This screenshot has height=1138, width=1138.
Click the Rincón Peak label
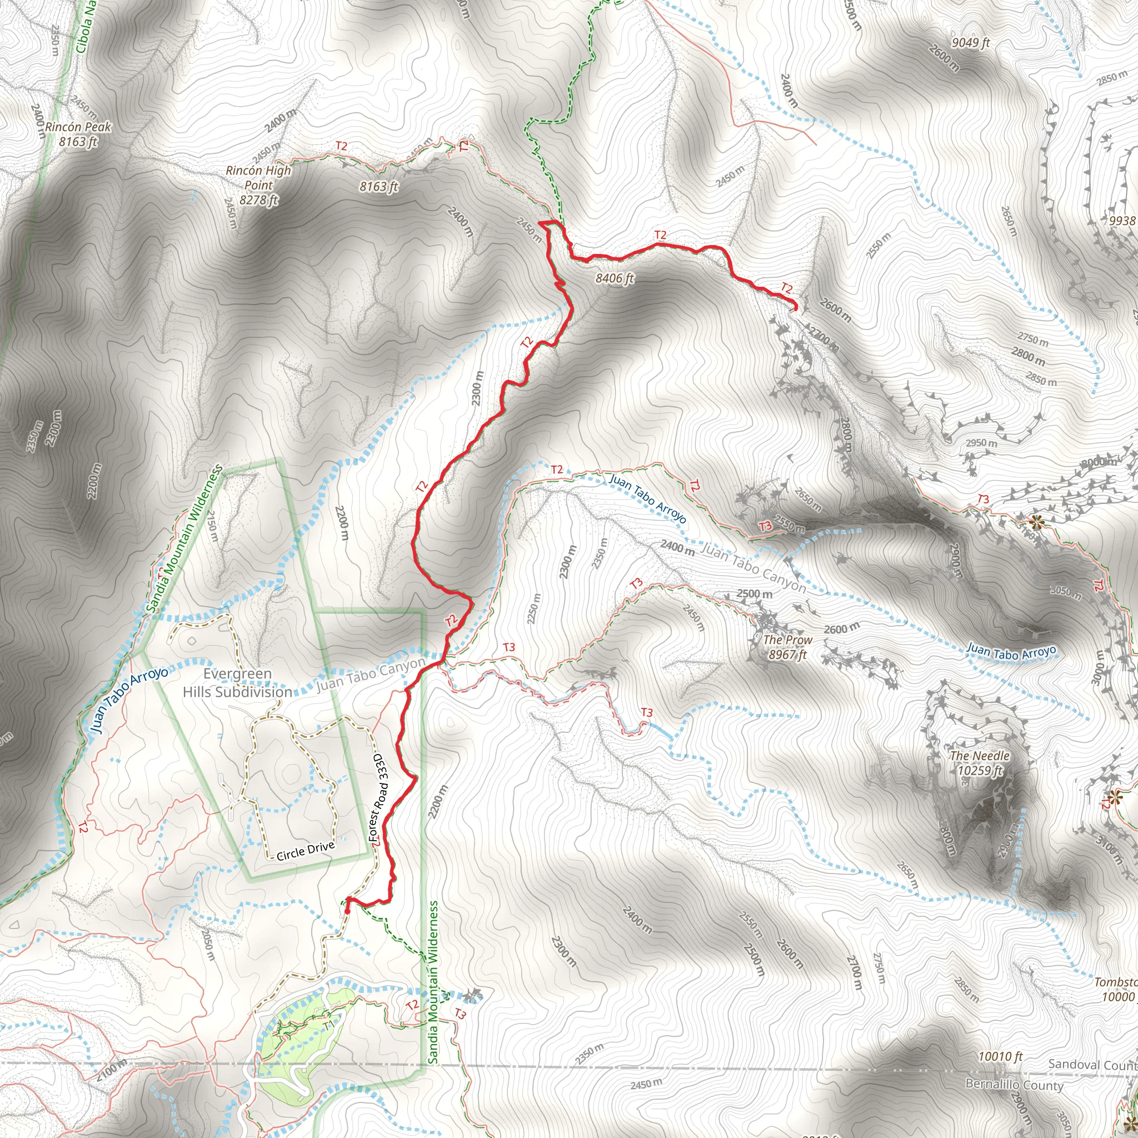pyautogui.click(x=78, y=127)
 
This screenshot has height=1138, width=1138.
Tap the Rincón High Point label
pyautogui.click(x=258, y=177)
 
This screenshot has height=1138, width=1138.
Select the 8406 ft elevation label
pyautogui.click(x=615, y=278)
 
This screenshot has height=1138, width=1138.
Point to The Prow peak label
pyautogui.click(x=787, y=640)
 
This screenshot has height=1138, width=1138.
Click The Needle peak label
pyautogui.click(x=980, y=756)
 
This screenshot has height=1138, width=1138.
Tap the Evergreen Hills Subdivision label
pyautogui.click(x=237, y=683)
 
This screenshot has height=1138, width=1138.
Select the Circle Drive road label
pyautogui.click(x=305, y=851)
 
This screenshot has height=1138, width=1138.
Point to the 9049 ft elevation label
pyautogui.click(x=971, y=42)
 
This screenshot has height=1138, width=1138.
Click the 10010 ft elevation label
pyautogui.click(x=1000, y=1057)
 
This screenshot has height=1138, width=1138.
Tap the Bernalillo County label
pyautogui.click(x=1014, y=1085)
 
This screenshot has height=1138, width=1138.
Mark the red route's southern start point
pyautogui.click(x=347, y=911)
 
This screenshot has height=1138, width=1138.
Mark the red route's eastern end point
pyautogui.click(x=796, y=308)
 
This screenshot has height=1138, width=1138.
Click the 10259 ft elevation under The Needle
pyautogui.click(x=980, y=771)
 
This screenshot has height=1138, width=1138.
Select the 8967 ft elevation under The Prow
pyautogui.click(x=787, y=655)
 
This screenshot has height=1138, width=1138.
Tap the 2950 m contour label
pyautogui.click(x=981, y=443)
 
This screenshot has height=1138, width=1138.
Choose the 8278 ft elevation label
pyautogui.click(x=258, y=200)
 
